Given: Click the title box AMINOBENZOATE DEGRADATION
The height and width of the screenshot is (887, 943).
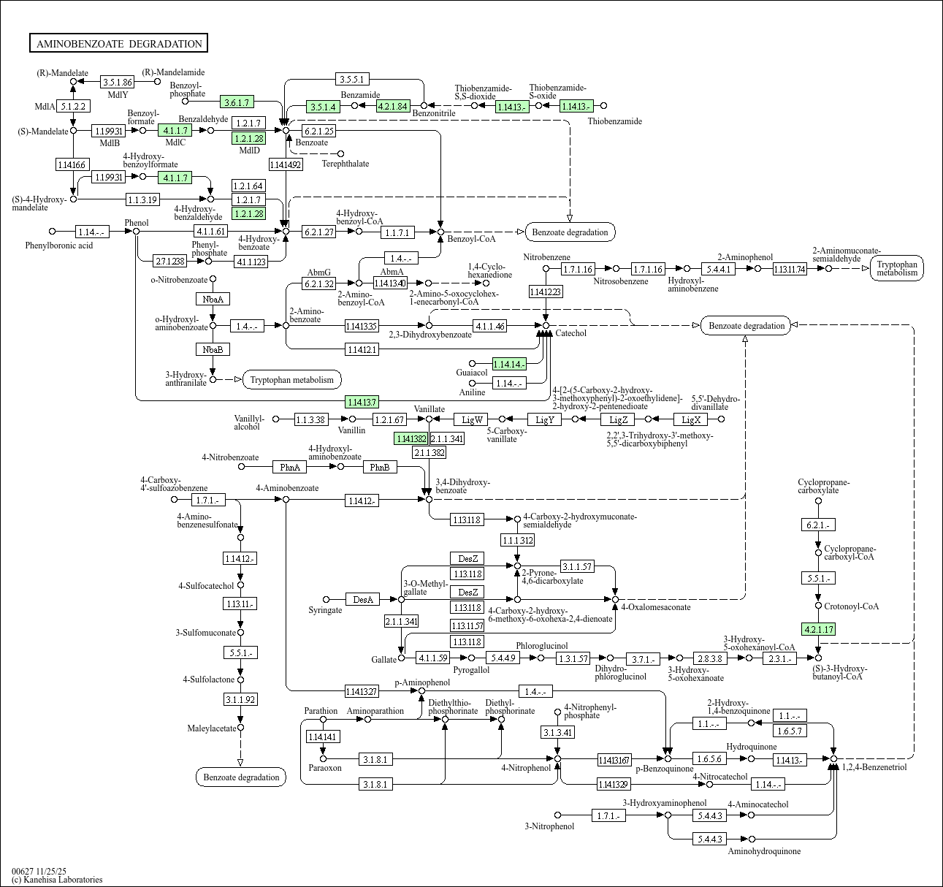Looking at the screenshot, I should tap(118, 44).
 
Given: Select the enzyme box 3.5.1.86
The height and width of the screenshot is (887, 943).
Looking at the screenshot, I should tap(117, 82).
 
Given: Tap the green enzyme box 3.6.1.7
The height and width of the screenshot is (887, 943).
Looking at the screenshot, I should tap(238, 102).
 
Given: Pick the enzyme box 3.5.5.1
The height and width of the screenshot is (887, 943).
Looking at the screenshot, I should tap(353, 78).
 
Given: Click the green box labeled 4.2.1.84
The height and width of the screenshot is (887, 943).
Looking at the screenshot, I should tap(393, 106).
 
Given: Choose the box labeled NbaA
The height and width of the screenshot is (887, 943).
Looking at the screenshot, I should tap(213, 299).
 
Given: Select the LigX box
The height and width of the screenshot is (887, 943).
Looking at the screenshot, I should tap(691, 419).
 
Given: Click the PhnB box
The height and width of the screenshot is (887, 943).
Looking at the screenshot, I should tap(379, 467).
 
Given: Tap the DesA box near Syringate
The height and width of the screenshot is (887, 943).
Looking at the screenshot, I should tap(363, 600).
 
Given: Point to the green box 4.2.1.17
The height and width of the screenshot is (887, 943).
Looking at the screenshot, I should tap(818, 628).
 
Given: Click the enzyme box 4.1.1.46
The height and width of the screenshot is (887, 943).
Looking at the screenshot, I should tap(489, 326).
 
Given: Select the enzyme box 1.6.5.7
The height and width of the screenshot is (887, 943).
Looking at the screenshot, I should tap(790, 731).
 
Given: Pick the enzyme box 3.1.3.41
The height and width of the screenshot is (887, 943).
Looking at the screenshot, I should tap(557, 732).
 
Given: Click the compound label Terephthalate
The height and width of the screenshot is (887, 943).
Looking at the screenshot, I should tap(345, 164).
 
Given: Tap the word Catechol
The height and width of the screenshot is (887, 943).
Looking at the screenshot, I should tap(571, 333).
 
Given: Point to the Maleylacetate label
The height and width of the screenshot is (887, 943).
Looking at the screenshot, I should tap(212, 728).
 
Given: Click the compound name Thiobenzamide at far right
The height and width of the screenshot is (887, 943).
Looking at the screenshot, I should tap(615, 121).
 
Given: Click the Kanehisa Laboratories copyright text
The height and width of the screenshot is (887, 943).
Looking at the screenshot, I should tap(57, 880).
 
